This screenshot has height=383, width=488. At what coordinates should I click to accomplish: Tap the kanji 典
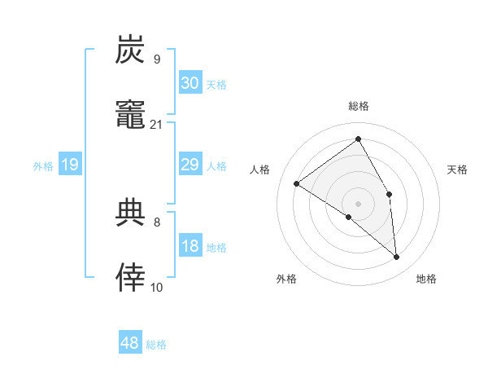131,213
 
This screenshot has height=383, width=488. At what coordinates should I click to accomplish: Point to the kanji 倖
131,278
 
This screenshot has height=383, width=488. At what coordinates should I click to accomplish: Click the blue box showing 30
190,82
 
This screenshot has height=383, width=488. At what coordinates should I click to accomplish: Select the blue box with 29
190,165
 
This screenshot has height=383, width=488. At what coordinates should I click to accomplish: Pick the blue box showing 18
190,246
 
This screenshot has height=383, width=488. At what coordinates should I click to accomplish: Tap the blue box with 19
69,165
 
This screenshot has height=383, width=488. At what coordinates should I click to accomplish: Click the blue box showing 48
130,343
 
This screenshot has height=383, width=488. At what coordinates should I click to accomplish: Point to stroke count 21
157,125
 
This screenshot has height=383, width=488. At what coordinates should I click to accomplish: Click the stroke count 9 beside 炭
156,59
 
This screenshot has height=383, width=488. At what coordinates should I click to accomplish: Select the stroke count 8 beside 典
156,222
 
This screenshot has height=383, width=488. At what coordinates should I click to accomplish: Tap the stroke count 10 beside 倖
157,287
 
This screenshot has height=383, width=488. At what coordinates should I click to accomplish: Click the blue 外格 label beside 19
43,166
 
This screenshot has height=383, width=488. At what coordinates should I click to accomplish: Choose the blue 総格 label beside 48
156,345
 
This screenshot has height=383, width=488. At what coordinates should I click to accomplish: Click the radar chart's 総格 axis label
358,106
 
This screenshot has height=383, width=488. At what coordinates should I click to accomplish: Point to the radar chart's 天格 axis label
458,169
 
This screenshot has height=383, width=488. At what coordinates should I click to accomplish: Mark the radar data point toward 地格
397,258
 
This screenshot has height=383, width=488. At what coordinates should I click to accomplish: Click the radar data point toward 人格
296,183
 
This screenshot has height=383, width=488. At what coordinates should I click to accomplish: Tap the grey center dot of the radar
358,203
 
